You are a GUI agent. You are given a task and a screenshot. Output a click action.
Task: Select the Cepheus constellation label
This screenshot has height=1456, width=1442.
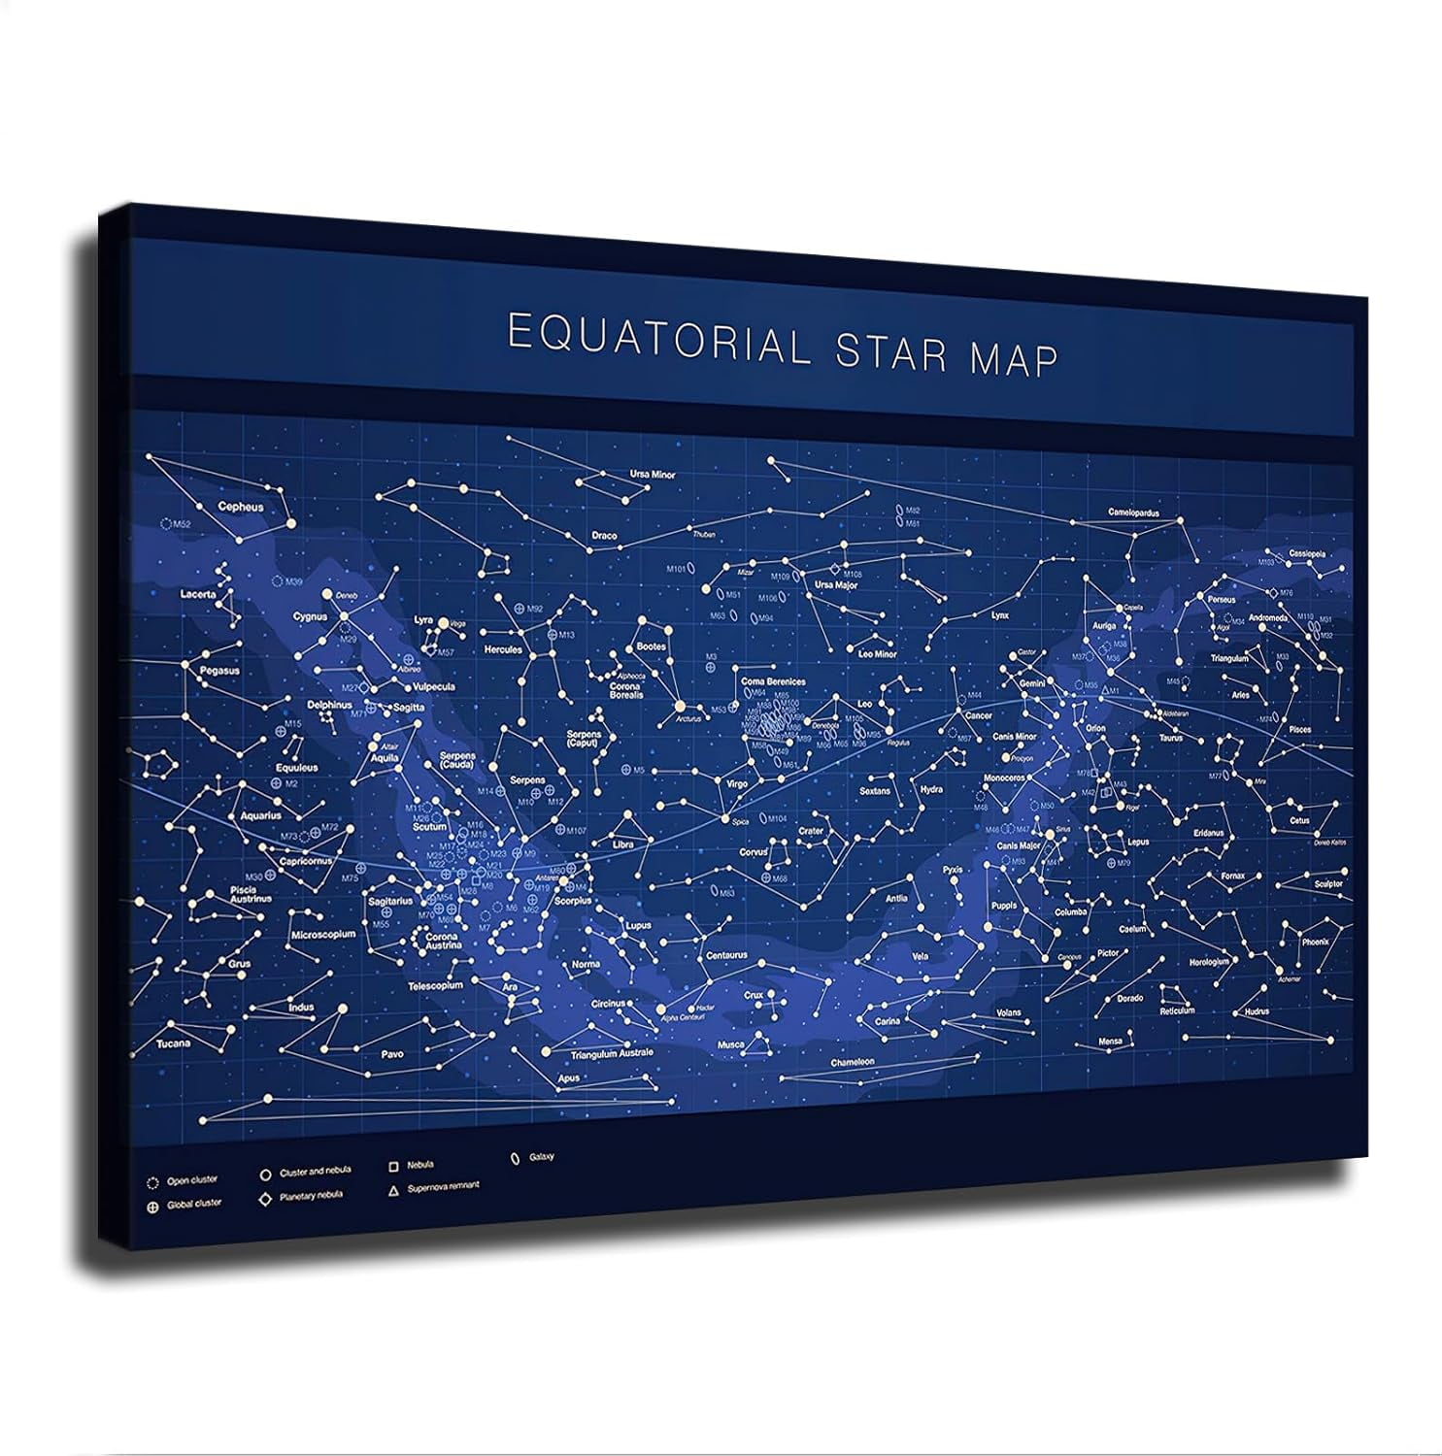(241, 507)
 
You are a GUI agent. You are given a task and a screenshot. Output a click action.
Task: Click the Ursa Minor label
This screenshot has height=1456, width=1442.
(652, 475)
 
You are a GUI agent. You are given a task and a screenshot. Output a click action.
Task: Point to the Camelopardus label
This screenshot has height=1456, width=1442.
(1133, 513)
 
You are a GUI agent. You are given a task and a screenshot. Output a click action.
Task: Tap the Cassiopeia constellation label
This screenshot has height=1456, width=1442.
(1305, 554)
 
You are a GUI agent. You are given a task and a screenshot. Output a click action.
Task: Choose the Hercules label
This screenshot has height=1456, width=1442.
(503, 649)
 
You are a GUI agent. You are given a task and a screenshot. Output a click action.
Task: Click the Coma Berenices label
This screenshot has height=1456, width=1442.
(773, 681)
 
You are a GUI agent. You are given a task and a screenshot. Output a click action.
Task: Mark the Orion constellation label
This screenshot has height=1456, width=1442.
(1094, 728)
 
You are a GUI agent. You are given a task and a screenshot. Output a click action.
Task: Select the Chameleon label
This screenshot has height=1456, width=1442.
(852, 1062)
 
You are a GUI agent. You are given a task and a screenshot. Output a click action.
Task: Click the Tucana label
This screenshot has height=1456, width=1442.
(173, 1043)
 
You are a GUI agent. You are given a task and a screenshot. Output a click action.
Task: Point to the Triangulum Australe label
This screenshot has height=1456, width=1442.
(612, 1053)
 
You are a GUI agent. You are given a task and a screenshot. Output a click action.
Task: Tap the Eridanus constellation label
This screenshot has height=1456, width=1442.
(1209, 833)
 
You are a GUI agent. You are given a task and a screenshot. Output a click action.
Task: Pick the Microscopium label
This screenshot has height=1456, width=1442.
(323, 935)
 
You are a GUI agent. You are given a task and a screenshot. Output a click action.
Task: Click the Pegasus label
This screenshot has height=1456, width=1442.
(219, 671)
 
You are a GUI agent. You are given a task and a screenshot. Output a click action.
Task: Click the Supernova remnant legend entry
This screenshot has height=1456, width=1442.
(443, 1186)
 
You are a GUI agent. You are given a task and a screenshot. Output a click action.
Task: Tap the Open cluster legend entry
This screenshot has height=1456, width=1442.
(192, 1181)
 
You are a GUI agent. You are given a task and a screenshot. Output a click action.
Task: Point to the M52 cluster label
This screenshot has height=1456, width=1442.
(182, 524)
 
